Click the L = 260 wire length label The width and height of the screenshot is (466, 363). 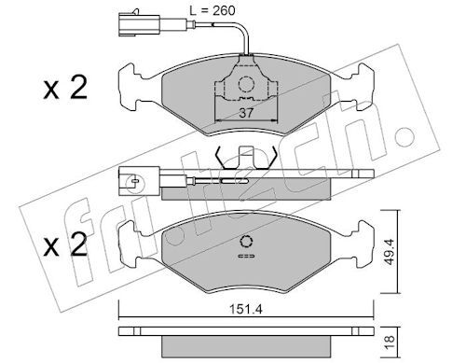(x=212, y=10)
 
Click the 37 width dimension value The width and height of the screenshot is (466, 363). (x=246, y=113)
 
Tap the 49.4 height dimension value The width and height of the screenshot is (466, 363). (x=390, y=252)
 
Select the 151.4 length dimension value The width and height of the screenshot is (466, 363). (x=246, y=310)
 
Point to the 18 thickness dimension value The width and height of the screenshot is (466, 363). (x=390, y=342)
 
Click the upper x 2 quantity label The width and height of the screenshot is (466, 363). (x=65, y=88)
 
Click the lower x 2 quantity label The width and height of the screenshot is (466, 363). (x=65, y=244)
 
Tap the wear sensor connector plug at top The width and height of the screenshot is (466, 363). (x=139, y=23)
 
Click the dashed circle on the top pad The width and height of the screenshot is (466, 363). (x=246, y=84)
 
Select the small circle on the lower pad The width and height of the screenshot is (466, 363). (x=246, y=242)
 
